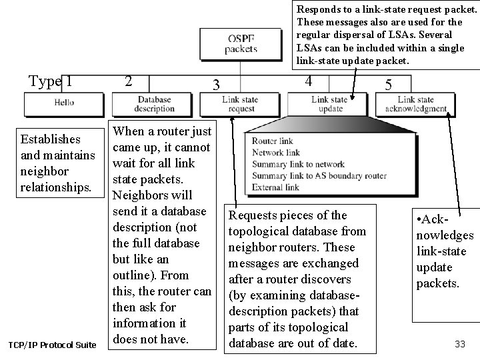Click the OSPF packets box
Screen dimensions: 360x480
coord(241,44)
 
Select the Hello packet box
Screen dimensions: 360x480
coord(64,103)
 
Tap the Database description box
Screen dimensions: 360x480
coord(154,104)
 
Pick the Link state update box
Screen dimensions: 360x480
coord(329,104)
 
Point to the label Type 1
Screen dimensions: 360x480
coord(51,82)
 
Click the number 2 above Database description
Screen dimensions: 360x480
coord(129,81)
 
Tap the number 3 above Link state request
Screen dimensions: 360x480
coord(215,85)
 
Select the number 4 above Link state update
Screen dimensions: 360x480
coord(307,81)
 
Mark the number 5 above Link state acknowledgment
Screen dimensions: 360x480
coord(389,85)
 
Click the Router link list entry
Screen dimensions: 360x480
coord(273,141)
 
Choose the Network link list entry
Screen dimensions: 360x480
coord(276,153)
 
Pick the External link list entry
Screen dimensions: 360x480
coord(276,187)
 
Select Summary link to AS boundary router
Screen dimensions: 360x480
coord(319,175)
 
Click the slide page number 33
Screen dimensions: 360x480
coord(459,344)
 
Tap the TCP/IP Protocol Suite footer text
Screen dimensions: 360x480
coord(52,345)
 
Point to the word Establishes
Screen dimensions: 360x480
coord(51,139)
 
